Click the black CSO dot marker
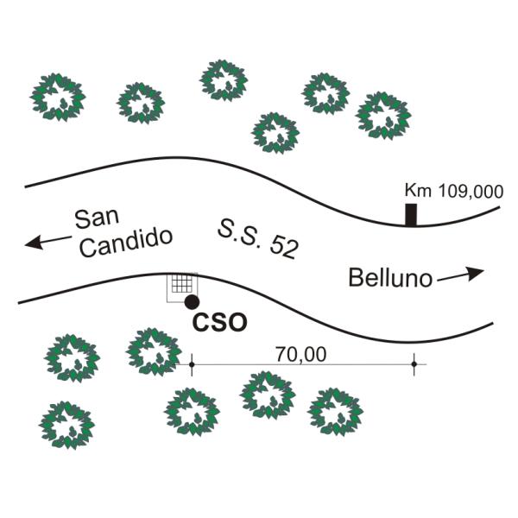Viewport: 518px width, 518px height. [192, 302]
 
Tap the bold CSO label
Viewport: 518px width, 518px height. [219, 322]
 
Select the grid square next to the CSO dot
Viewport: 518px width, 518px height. [182, 284]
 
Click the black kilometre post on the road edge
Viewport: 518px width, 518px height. [411, 215]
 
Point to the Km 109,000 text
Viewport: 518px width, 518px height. [454, 191]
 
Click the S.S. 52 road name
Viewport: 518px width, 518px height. [258, 238]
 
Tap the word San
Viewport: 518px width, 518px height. [97, 218]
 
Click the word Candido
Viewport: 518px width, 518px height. [126, 242]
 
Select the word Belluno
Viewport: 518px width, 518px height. [390, 278]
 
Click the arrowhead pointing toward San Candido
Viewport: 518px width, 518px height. [33, 243]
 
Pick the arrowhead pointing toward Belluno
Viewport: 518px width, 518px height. [476, 273]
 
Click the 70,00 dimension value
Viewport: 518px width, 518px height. [301, 355]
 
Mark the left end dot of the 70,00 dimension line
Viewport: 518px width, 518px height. [192, 364]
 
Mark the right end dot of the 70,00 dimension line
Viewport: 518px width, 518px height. [414, 364]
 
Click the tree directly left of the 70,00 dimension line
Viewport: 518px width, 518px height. [154, 352]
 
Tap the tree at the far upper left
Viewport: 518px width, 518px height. [58, 97]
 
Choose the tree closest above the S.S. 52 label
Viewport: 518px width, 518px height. [275, 133]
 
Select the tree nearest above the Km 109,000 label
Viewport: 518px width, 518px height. [383, 116]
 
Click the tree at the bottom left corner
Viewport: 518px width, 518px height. [67, 426]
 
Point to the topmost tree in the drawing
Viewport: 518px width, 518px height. [224, 80]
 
